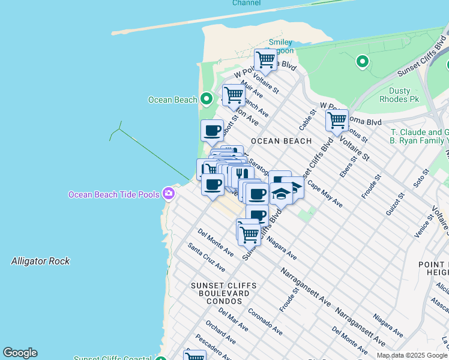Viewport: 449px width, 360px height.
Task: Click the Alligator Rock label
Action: (40, 261)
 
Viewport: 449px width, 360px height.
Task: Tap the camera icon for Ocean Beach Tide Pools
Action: (168, 193)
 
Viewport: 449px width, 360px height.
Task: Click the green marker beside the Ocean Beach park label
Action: (206, 98)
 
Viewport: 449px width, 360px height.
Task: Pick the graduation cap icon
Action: (281, 194)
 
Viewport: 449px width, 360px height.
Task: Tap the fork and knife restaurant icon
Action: (241, 175)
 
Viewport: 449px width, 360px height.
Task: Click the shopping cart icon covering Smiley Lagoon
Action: (265, 59)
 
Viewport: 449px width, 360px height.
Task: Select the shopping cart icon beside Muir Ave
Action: (234, 94)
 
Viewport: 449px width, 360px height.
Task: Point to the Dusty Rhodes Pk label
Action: (395, 95)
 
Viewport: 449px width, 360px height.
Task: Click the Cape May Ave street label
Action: (325, 194)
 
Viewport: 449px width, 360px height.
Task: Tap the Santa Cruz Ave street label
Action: (206, 257)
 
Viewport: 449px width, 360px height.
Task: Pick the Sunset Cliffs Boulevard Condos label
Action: (223, 293)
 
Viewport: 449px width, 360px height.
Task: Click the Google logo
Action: (20, 353)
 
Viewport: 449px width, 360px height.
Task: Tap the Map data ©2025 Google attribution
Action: (412, 355)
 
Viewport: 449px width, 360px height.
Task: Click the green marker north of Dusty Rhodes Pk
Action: (362, 61)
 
